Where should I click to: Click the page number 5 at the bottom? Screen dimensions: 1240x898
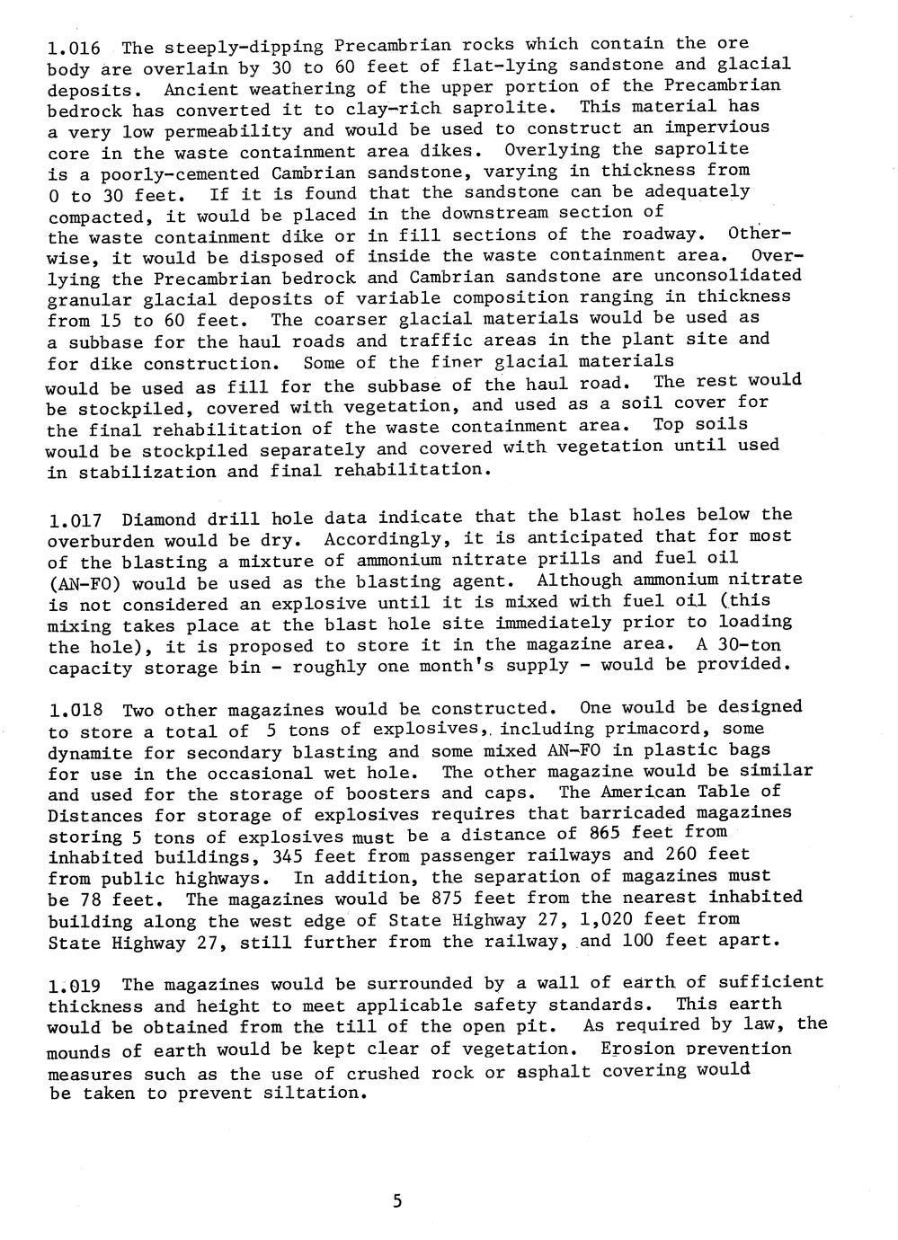[397, 1201]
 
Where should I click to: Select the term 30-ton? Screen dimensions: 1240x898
[750, 644]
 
